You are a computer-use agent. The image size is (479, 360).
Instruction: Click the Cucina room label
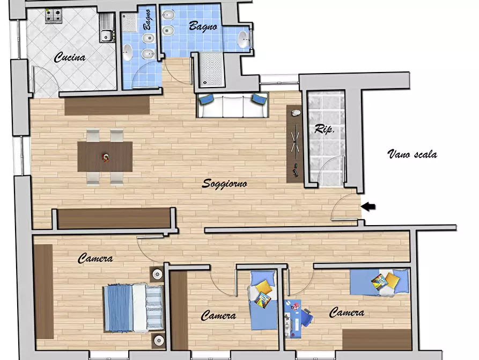[x=70, y=57]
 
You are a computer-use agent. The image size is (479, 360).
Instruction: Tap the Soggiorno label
[x=225, y=183]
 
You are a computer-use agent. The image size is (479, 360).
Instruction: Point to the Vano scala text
[x=412, y=154]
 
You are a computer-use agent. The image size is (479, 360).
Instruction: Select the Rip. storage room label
[x=325, y=129]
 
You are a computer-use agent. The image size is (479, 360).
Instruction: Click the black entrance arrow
[x=368, y=207]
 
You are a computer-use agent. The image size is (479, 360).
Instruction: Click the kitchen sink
[x=107, y=28]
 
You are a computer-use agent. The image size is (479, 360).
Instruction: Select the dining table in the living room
[x=105, y=156]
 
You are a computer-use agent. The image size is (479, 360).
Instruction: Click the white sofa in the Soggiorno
[x=232, y=105]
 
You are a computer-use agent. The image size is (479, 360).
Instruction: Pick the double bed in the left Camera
[x=133, y=308]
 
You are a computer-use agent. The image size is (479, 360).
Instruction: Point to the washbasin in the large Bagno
[x=244, y=40]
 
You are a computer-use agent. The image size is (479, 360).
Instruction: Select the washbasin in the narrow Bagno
[x=127, y=52]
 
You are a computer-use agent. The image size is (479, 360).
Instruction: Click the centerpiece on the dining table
[x=105, y=157]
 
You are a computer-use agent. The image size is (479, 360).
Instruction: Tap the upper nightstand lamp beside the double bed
[x=157, y=274]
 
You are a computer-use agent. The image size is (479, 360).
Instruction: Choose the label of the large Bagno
[x=203, y=26]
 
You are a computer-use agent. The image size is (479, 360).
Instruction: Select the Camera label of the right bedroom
[x=347, y=312]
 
